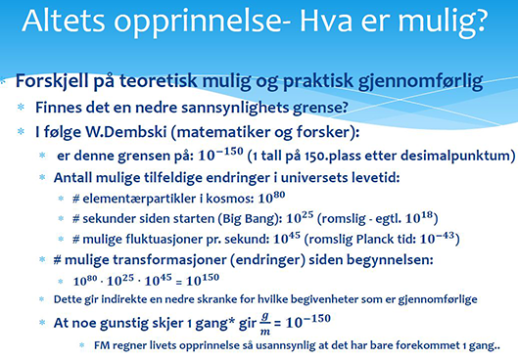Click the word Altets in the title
click(x=64, y=21)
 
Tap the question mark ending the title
click(x=478, y=21)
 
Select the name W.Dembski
click(x=126, y=132)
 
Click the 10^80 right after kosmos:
click(x=271, y=198)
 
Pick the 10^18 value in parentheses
click(x=419, y=217)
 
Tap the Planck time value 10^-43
click(x=437, y=238)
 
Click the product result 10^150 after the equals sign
click(x=203, y=280)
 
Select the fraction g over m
click(x=265, y=324)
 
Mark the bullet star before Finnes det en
click(x=21, y=108)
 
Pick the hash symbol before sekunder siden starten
click(x=76, y=219)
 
